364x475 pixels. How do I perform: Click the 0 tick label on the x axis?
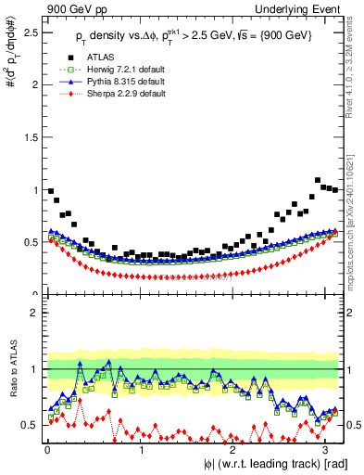point(47,450)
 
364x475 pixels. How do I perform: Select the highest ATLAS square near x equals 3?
point(318,180)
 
